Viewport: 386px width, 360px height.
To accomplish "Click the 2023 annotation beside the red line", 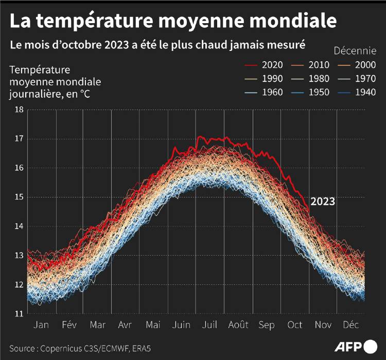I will (x=322, y=202).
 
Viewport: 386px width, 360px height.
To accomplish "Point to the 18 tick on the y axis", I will (x=19, y=110).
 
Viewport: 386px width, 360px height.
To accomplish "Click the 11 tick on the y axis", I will (x=19, y=313).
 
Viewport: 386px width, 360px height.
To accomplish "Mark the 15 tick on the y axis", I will (x=19, y=197).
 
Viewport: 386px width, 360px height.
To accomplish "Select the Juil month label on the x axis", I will (x=209, y=325).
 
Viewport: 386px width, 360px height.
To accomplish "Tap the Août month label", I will (x=238, y=325).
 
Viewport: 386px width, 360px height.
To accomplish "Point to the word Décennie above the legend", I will (x=355, y=50).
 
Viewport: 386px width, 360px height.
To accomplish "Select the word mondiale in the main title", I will (x=295, y=21).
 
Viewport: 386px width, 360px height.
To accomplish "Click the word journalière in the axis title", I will (x=32, y=94).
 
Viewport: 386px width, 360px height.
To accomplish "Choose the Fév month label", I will (x=69, y=325).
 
